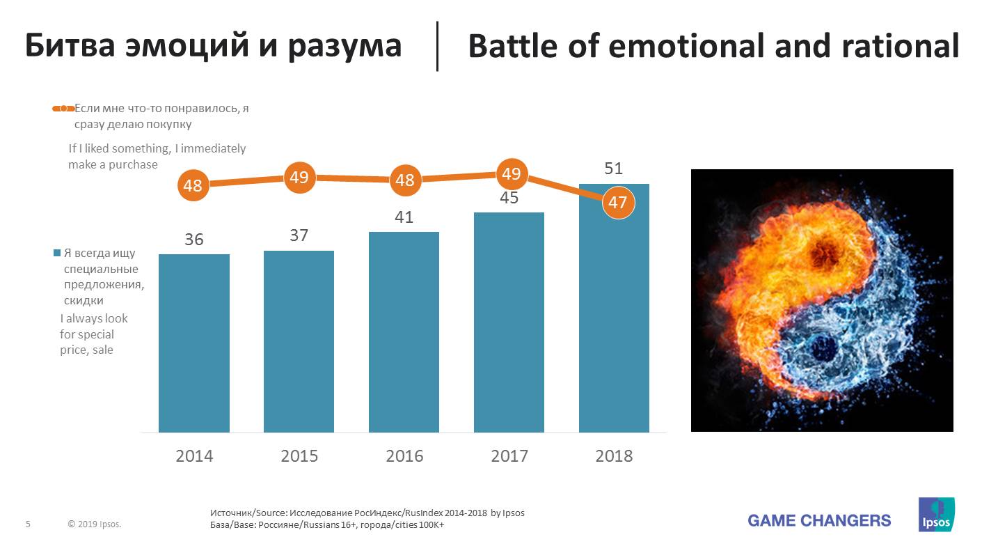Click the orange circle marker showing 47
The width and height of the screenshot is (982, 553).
pos(617,203)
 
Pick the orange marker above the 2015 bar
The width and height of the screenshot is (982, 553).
pos(299,178)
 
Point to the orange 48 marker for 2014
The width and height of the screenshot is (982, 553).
pos(193,185)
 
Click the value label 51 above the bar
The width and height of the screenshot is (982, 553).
pos(613,169)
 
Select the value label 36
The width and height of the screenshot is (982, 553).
pos(194,240)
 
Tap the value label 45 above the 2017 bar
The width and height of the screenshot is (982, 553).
pos(509,198)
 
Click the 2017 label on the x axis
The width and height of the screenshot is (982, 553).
pos(509,456)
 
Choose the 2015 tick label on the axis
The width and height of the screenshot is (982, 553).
pos(299,456)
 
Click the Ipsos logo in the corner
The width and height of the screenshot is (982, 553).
pos(936,515)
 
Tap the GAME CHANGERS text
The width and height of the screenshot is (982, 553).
pos(819,520)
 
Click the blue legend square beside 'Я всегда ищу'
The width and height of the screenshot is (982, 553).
pos(57,254)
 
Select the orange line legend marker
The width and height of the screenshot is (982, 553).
pos(63,109)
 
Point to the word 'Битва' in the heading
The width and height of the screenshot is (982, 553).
pos(72,47)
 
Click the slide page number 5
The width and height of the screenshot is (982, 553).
pos(28,524)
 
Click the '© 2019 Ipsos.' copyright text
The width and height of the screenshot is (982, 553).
pos(95,524)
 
